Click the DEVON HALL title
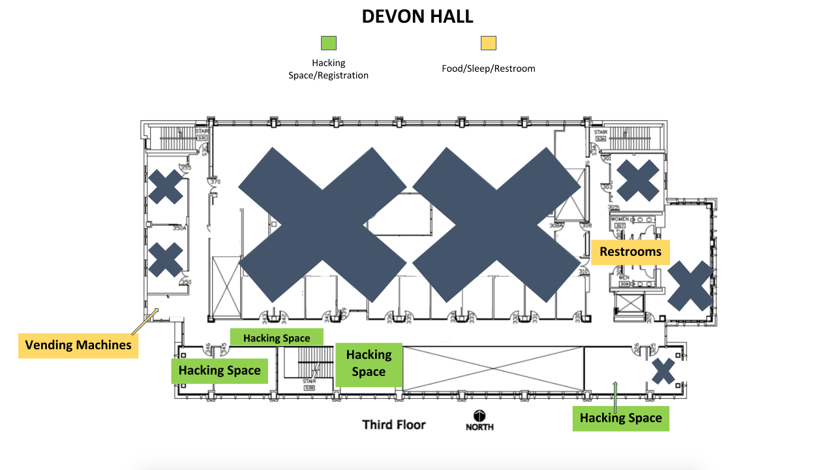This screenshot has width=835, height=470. tap(417, 16)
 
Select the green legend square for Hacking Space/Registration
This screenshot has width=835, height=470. tap(328, 43)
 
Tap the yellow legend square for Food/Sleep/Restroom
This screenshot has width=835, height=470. tap(488, 43)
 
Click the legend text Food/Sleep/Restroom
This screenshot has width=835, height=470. tap(488, 68)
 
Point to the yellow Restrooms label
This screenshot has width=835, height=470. tap(630, 252)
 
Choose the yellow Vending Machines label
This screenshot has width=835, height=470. tap(78, 345)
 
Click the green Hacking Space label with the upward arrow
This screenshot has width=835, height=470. tap(620, 418)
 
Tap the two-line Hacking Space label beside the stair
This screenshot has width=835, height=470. tap(369, 364)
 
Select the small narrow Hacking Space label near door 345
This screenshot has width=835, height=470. tap(277, 338)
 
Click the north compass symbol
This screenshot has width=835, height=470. tap(479, 416)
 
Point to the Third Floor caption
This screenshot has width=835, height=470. tap(394, 425)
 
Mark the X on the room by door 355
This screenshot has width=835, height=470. tap(166, 187)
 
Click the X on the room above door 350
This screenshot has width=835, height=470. tap(166, 259)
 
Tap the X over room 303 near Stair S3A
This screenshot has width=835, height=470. tap(638, 180)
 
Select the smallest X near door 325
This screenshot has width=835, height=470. tap(663, 371)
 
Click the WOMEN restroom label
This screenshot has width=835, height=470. tap(619, 219)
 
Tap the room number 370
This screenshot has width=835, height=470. tap(215, 182)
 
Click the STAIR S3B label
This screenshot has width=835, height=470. tap(309, 384)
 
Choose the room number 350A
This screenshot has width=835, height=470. tap(179, 228)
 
